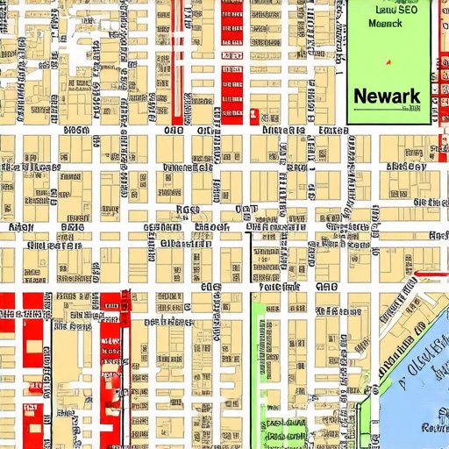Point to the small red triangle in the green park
tap(387, 62)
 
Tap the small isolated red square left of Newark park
tap(254, 113)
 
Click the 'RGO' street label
tap(189, 210)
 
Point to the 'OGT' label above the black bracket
tap(247, 210)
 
